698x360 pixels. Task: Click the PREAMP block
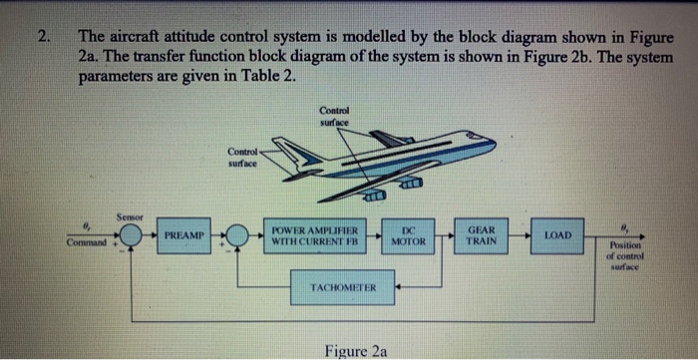point(182,236)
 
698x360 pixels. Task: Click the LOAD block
point(558,236)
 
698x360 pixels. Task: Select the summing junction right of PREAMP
point(237,237)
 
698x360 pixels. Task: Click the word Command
point(89,243)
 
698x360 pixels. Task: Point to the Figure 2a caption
point(356,349)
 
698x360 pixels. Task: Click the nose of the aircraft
point(490,146)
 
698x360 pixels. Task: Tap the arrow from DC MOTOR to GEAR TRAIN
point(444,237)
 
